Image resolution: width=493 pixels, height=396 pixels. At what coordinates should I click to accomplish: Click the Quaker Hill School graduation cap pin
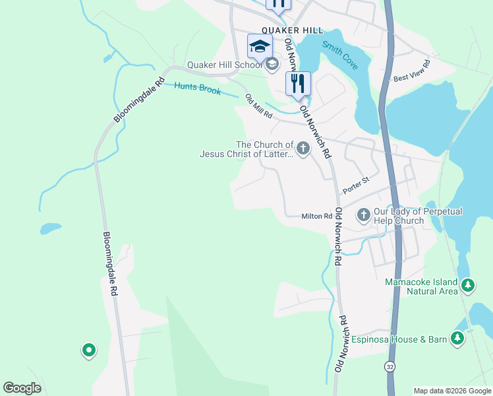(x=260, y=46)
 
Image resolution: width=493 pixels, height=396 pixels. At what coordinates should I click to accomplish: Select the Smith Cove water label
(x=340, y=55)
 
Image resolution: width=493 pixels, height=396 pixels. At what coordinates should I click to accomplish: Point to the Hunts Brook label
(x=198, y=88)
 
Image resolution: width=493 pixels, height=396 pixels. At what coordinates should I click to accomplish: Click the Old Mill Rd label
(x=259, y=106)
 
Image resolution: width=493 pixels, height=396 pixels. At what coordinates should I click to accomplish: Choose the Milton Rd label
(x=316, y=216)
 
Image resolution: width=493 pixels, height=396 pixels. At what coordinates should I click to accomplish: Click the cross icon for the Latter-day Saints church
(x=303, y=148)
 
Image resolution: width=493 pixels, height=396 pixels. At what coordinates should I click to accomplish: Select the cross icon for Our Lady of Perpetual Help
(x=363, y=214)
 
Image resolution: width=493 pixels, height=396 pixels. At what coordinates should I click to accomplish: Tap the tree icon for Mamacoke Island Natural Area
(x=468, y=286)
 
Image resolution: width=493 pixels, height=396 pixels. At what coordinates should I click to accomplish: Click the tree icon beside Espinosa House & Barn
(x=457, y=339)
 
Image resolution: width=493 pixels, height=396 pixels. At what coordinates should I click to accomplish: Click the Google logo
(x=22, y=388)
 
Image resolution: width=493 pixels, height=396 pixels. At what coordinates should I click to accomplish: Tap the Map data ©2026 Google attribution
(x=452, y=391)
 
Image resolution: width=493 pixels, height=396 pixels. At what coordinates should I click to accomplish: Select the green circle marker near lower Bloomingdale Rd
(x=88, y=350)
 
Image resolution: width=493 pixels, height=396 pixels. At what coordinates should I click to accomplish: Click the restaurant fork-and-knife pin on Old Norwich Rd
(x=298, y=83)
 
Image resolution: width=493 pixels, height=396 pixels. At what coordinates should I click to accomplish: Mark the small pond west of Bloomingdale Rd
(x=51, y=229)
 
